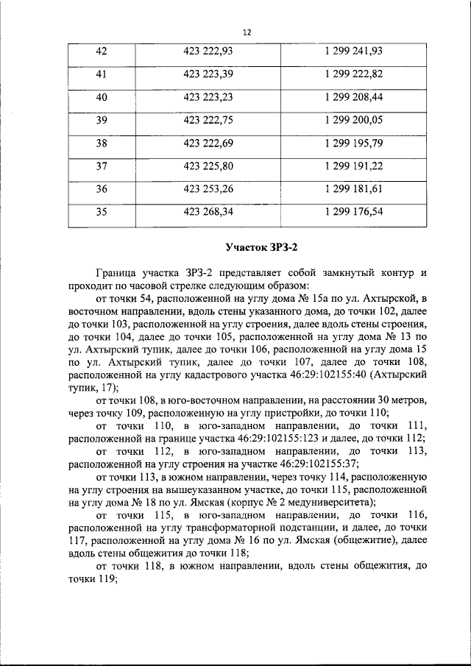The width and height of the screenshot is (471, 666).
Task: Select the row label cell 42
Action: tap(102, 51)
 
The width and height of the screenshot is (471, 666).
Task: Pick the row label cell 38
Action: tap(102, 144)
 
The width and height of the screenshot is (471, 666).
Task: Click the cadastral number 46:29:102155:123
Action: tap(287, 439)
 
